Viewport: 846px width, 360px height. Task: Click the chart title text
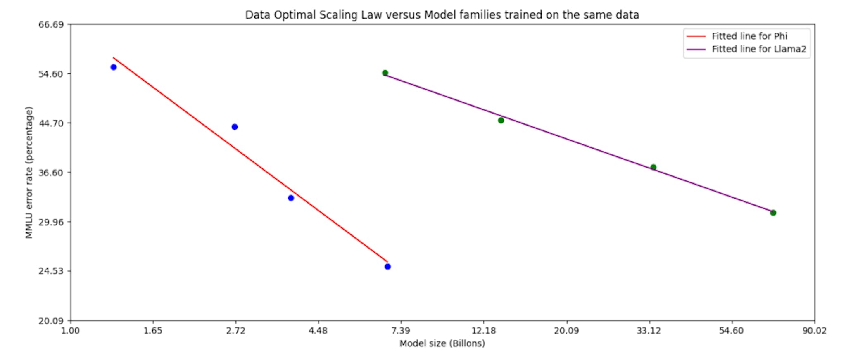point(442,15)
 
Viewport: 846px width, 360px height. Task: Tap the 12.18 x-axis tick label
point(483,331)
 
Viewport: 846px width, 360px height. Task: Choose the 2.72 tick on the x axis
point(235,331)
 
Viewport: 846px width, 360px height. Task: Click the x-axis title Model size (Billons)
point(442,343)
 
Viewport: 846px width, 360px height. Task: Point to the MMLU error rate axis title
point(29,173)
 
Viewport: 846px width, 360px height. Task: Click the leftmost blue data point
point(114,67)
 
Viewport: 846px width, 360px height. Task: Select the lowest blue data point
point(387,267)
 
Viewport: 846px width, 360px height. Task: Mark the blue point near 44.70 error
point(235,127)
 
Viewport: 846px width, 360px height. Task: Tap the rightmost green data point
point(773,213)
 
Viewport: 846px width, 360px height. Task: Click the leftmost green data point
point(385,73)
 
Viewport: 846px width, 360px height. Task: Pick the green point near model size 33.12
point(653,167)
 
